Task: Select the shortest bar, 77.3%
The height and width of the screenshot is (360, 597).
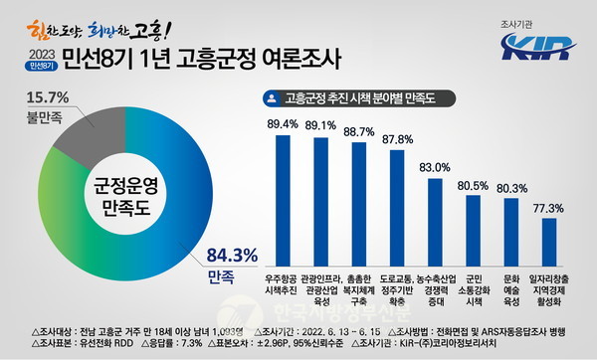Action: tap(549, 231)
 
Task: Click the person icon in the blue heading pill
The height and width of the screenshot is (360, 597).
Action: tap(271, 98)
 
